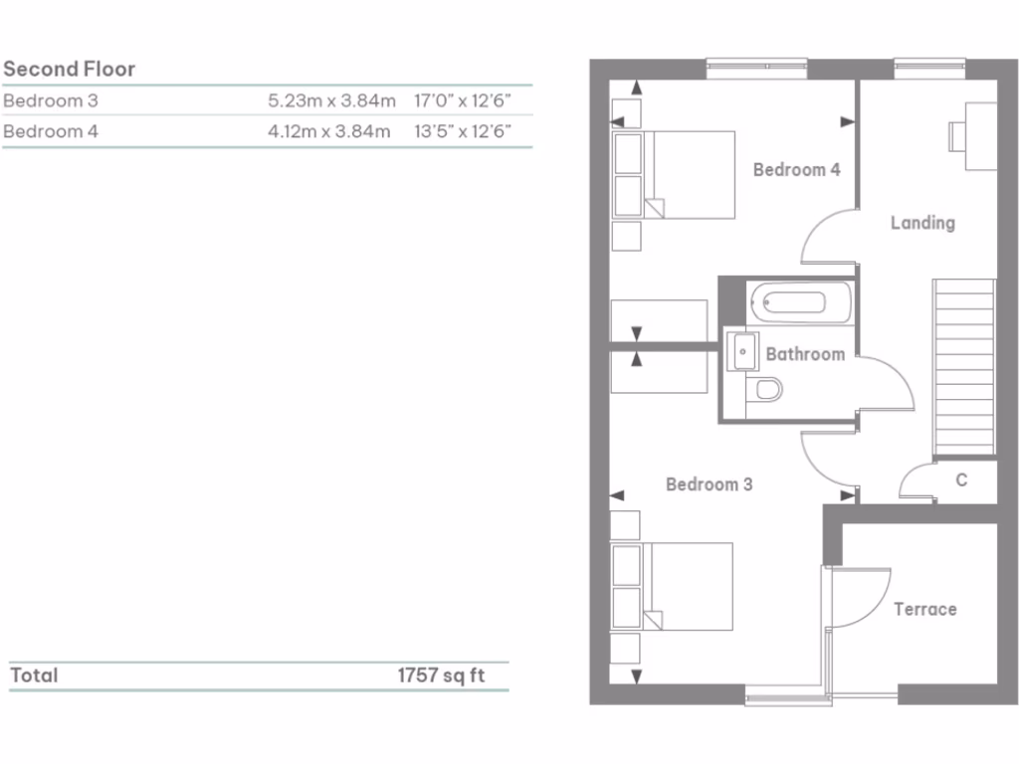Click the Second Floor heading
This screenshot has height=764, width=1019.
69,69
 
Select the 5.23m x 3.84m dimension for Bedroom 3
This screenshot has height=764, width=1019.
331,100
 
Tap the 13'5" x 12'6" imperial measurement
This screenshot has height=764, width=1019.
463,130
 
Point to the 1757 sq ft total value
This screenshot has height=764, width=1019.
441,675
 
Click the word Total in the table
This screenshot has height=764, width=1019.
34,675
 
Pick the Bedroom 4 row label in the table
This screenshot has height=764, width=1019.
51,130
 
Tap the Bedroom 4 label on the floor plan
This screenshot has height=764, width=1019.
796,169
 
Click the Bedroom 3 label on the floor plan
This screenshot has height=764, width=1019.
709,484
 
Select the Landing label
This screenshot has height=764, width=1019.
922,223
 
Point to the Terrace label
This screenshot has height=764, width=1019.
924,609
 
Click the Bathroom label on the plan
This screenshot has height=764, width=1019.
805,354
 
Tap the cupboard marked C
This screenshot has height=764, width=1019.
961,480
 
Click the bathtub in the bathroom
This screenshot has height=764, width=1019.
800,302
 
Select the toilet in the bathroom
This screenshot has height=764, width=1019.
767,389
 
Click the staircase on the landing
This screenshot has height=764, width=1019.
963,366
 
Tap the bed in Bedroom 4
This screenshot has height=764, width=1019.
687,174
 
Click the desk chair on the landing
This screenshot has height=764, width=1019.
956,134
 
